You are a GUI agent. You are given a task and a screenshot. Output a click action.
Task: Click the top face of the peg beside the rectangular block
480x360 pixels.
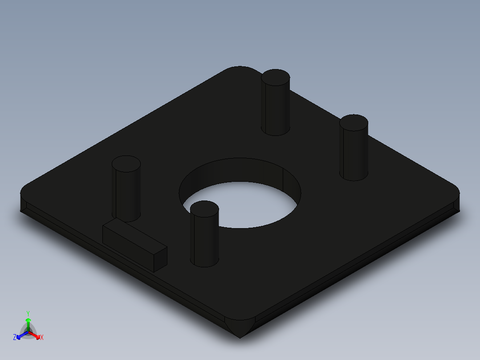click(x=126, y=164)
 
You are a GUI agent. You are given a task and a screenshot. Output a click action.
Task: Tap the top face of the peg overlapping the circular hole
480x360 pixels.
click(x=204, y=209)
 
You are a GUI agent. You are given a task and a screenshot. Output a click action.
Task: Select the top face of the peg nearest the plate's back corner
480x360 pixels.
click(x=275, y=78)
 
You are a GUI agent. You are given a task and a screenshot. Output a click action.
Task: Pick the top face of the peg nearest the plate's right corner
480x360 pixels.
click(x=354, y=123)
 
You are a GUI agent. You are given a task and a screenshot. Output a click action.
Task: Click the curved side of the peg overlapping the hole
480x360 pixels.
click(x=204, y=241)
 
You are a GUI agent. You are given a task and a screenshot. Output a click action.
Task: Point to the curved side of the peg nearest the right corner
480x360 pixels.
click(x=354, y=154)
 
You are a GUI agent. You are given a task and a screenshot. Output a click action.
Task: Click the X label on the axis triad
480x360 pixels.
click(x=42, y=338)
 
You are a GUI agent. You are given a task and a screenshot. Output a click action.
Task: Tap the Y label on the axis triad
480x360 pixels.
click(x=28, y=313)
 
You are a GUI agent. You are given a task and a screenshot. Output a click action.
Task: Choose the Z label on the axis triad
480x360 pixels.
click(x=15, y=338)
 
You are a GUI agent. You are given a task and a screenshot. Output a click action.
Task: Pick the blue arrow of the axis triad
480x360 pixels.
click(x=20, y=335)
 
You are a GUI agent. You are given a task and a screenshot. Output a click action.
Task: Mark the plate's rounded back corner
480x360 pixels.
click(x=240, y=69)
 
